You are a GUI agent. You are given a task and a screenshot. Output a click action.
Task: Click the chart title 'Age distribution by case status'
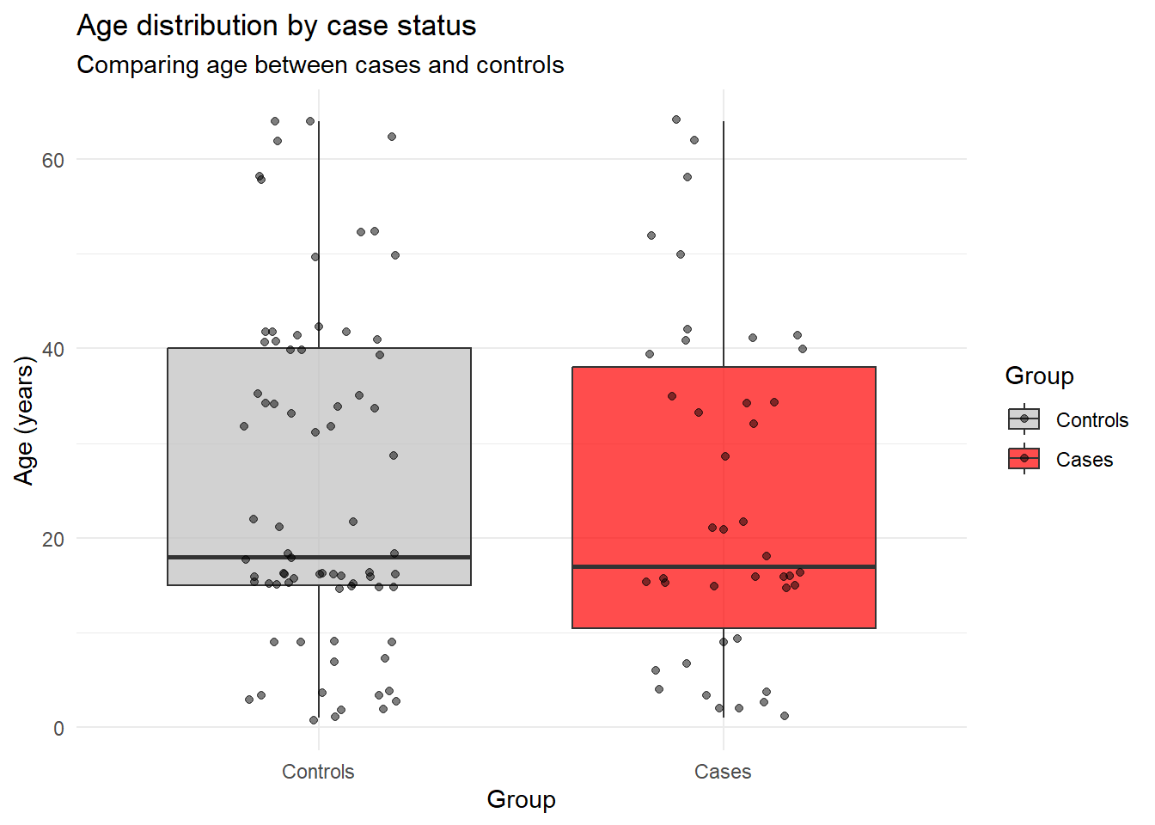click(x=276, y=26)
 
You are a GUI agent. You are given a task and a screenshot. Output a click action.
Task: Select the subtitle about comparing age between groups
click(x=320, y=65)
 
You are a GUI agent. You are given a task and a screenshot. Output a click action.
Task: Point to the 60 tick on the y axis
click(x=53, y=160)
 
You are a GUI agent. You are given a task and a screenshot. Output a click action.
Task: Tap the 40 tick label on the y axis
click(x=53, y=349)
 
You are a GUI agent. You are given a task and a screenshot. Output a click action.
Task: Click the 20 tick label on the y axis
click(x=53, y=539)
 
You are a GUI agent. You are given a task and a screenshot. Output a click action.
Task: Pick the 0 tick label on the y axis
click(x=58, y=729)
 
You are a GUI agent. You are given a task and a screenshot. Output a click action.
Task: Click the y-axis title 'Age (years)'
click(x=24, y=421)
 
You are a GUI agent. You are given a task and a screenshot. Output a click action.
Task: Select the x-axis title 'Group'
click(x=521, y=799)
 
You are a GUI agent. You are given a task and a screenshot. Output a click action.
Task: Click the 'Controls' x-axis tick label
click(x=318, y=772)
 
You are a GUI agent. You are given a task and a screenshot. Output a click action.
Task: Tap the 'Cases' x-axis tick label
click(x=723, y=772)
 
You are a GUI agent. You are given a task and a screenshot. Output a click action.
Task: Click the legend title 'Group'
click(x=1039, y=376)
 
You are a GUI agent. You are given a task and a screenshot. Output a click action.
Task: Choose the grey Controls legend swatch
click(x=1024, y=419)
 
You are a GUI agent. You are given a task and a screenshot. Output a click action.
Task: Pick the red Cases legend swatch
click(x=1024, y=459)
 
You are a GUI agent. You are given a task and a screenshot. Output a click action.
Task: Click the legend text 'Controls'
click(x=1091, y=420)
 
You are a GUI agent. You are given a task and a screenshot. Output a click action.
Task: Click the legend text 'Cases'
click(x=1084, y=460)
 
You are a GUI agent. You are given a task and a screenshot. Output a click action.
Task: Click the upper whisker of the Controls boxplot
click(x=319, y=232)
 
